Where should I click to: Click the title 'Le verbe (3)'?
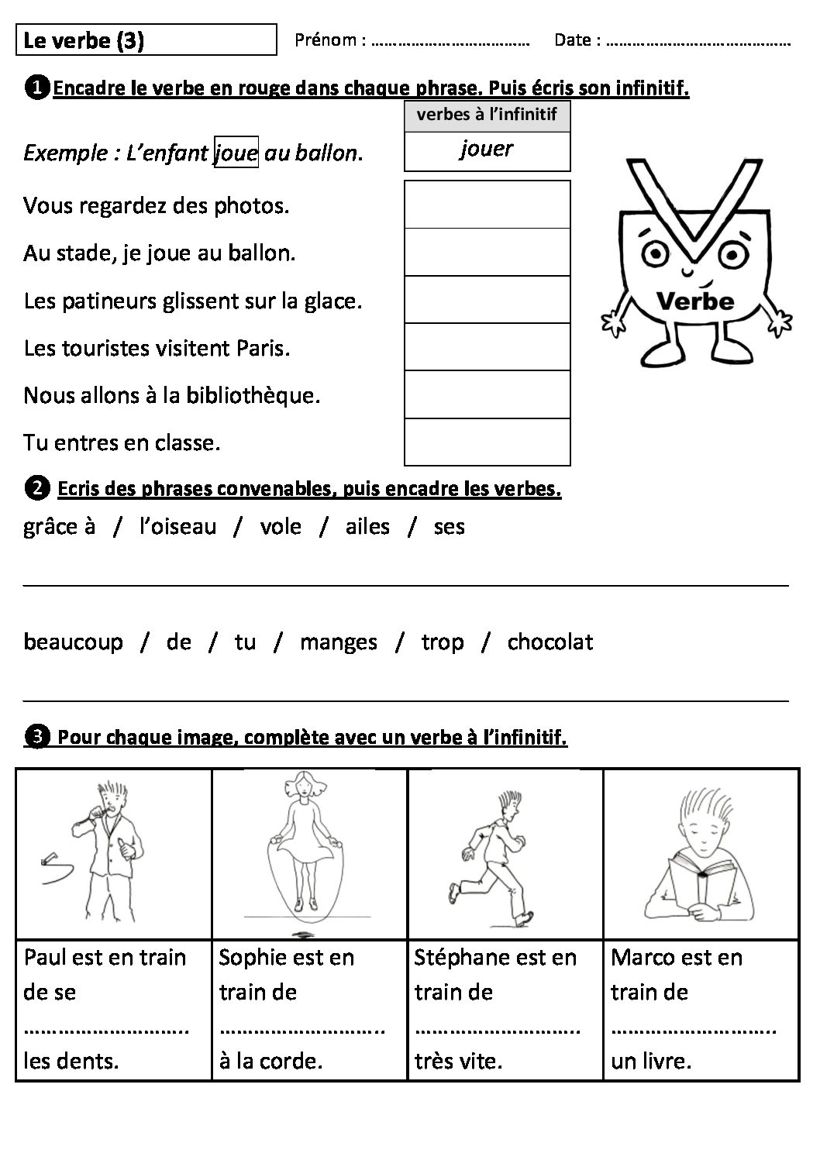click(x=84, y=40)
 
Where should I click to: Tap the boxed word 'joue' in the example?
click(x=236, y=153)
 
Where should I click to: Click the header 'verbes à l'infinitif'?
click(x=487, y=115)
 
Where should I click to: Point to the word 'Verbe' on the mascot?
click(x=694, y=301)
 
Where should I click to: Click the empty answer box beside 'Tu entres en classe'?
click(x=487, y=442)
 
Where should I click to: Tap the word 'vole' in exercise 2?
click(x=280, y=527)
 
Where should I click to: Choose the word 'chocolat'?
click(x=550, y=642)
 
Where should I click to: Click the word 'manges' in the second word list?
click(x=338, y=643)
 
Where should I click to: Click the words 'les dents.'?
click(x=71, y=1061)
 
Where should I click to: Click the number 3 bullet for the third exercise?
click(x=36, y=737)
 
